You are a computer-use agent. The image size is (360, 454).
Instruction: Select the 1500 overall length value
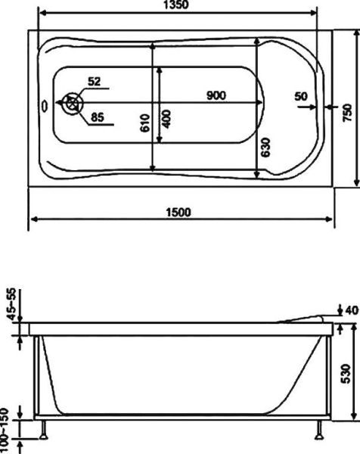click(x=178, y=213)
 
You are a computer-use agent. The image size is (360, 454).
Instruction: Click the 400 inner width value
click(x=166, y=118)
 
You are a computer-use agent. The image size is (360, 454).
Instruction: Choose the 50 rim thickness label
click(x=301, y=96)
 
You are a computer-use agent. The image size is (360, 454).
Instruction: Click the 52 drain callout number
click(x=95, y=81)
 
